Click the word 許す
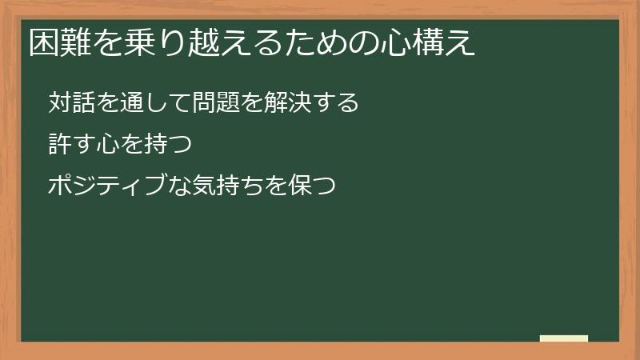point(71,145)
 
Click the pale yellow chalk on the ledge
point(563,338)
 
